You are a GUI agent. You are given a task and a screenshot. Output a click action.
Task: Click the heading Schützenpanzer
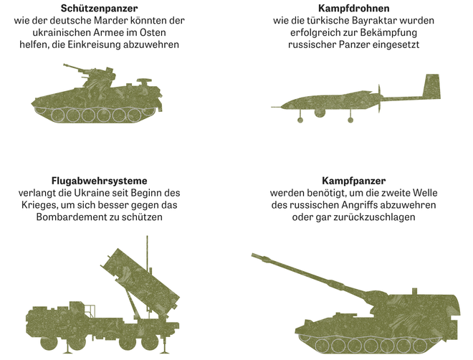[99, 8]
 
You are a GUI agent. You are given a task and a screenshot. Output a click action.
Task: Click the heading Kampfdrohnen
[353, 8]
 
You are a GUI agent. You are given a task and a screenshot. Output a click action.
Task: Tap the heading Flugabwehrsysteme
[99, 181]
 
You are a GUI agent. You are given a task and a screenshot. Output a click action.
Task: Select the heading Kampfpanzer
[353, 181]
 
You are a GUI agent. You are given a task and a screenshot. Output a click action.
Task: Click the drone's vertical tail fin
[431, 86]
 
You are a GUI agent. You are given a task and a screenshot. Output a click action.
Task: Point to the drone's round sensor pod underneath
[320, 113]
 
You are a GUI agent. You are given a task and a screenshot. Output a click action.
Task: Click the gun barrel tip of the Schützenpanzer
[64, 65]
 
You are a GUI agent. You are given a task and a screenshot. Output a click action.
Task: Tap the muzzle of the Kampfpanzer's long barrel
[254, 256]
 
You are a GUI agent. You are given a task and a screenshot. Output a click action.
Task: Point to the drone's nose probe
[276, 107]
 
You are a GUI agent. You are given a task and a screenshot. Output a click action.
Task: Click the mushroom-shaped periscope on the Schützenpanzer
[144, 82]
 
